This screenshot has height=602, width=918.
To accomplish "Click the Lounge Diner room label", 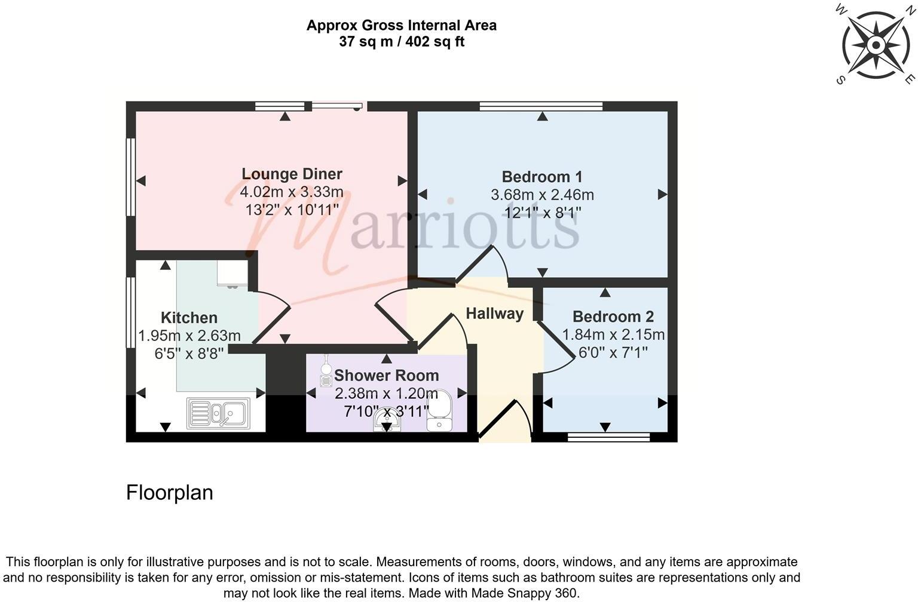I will click(x=292, y=174).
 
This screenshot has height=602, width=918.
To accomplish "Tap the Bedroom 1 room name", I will click(x=541, y=177).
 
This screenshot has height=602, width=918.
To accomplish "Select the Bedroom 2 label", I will click(x=613, y=317).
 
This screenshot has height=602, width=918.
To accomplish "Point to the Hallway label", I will click(x=494, y=314).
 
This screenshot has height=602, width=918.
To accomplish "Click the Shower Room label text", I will click(x=386, y=376).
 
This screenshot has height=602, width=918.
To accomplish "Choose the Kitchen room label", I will click(x=189, y=318).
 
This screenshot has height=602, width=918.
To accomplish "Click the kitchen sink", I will click(x=218, y=413).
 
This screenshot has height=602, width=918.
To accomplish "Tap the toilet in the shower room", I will click(x=440, y=411).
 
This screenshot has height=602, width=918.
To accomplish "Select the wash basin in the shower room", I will click(x=387, y=422).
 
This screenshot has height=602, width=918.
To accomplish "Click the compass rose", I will click(x=875, y=45).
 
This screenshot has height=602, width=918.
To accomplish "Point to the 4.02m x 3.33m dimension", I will click(x=292, y=192).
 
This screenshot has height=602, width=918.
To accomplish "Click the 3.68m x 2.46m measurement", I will click(x=541, y=195).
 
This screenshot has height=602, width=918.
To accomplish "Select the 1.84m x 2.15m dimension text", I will click(x=613, y=335).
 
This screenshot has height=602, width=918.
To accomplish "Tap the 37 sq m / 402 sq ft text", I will click(x=401, y=42).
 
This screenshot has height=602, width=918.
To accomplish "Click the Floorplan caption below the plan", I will click(x=169, y=493).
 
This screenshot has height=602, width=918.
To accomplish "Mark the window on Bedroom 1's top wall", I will click(x=541, y=106).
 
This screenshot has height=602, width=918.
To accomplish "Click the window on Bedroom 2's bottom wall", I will click(x=608, y=438).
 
